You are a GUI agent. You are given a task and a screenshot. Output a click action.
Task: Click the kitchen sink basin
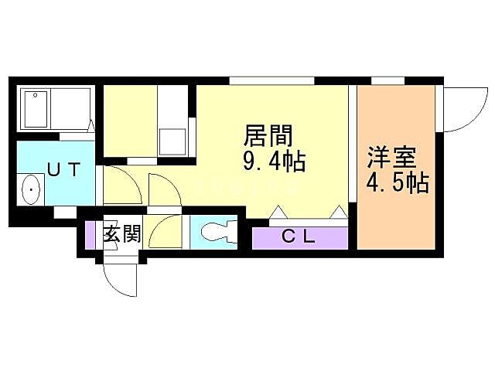[171, 141]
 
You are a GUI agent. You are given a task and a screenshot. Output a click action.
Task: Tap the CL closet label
[298, 238]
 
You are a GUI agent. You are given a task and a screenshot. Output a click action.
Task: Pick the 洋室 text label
[391, 158]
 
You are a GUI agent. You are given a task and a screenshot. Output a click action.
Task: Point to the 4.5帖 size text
[397, 184]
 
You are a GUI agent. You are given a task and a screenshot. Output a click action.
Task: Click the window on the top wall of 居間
[271, 80]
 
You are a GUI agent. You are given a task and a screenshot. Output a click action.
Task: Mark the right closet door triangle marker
[337, 212]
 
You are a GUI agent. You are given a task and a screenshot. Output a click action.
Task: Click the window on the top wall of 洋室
[387, 80]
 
